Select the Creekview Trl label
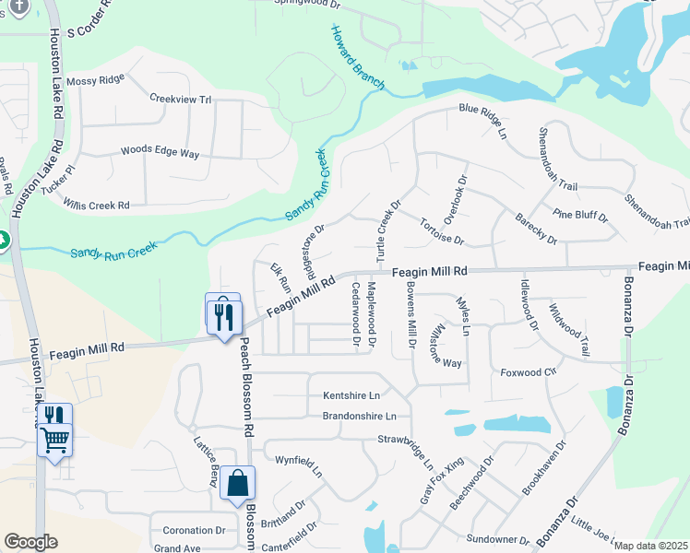[x=181, y=99]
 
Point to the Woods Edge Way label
[x=160, y=152]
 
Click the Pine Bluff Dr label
[x=580, y=217]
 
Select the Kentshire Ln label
[x=351, y=395]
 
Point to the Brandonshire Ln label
[x=365, y=417]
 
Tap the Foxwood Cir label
[x=529, y=373]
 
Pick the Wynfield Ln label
[x=305, y=464]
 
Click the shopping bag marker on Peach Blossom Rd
[x=237, y=483]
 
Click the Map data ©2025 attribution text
[x=649, y=546]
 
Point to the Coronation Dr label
[x=194, y=531]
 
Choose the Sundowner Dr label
[x=497, y=539]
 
